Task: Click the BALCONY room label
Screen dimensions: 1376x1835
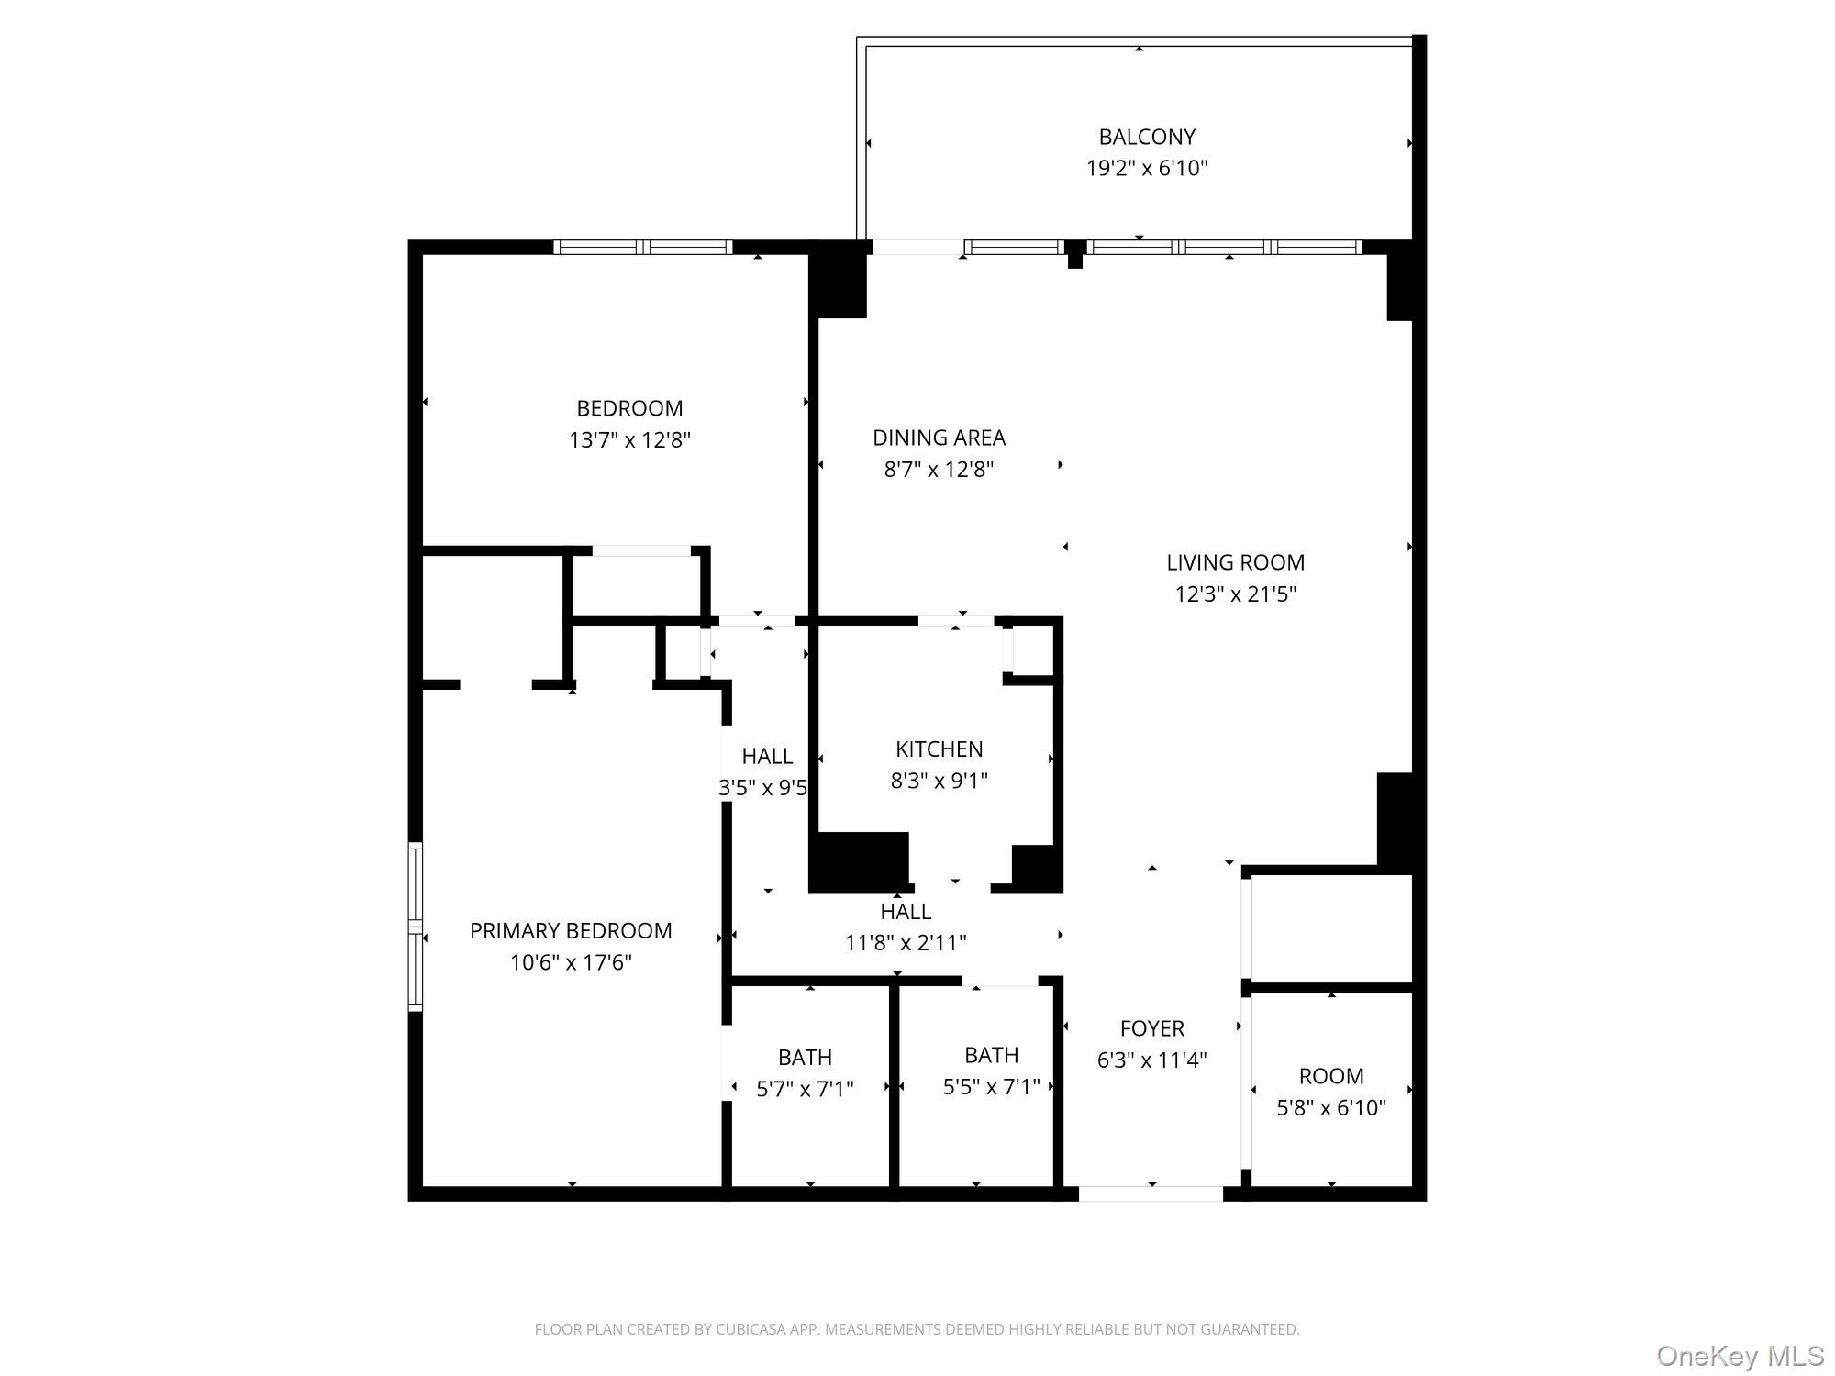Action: pyautogui.click(x=1147, y=137)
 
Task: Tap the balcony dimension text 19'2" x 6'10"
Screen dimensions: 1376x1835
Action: pyautogui.click(x=1147, y=168)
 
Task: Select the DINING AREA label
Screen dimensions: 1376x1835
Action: pyautogui.click(x=939, y=438)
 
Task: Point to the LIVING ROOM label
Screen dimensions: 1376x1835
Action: pyautogui.click(x=1235, y=562)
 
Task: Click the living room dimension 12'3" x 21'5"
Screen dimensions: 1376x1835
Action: pyautogui.click(x=1235, y=594)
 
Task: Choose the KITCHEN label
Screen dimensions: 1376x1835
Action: pyautogui.click(x=939, y=749)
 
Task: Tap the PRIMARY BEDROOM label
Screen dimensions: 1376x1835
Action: pyautogui.click(x=571, y=931)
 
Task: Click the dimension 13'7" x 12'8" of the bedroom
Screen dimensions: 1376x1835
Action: pyautogui.click(x=629, y=439)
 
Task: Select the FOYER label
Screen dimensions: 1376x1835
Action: pyautogui.click(x=1151, y=1028)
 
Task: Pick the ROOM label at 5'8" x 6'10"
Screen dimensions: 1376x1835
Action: pyautogui.click(x=1331, y=1076)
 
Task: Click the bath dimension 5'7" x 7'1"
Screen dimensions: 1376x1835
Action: pyautogui.click(x=805, y=1089)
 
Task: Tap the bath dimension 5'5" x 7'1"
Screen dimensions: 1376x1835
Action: pyautogui.click(x=991, y=1087)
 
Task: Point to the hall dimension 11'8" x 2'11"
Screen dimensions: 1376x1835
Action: pyautogui.click(x=906, y=942)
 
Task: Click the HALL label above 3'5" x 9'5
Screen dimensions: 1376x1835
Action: pyautogui.click(x=767, y=756)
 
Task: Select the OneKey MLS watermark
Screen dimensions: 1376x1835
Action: pyautogui.click(x=1740, y=1355)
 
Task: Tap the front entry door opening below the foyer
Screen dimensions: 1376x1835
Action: pyautogui.click(x=1151, y=1193)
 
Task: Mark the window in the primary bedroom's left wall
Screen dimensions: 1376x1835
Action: pyautogui.click(x=416, y=927)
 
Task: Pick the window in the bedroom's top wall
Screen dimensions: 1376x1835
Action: pyautogui.click(x=642, y=247)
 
